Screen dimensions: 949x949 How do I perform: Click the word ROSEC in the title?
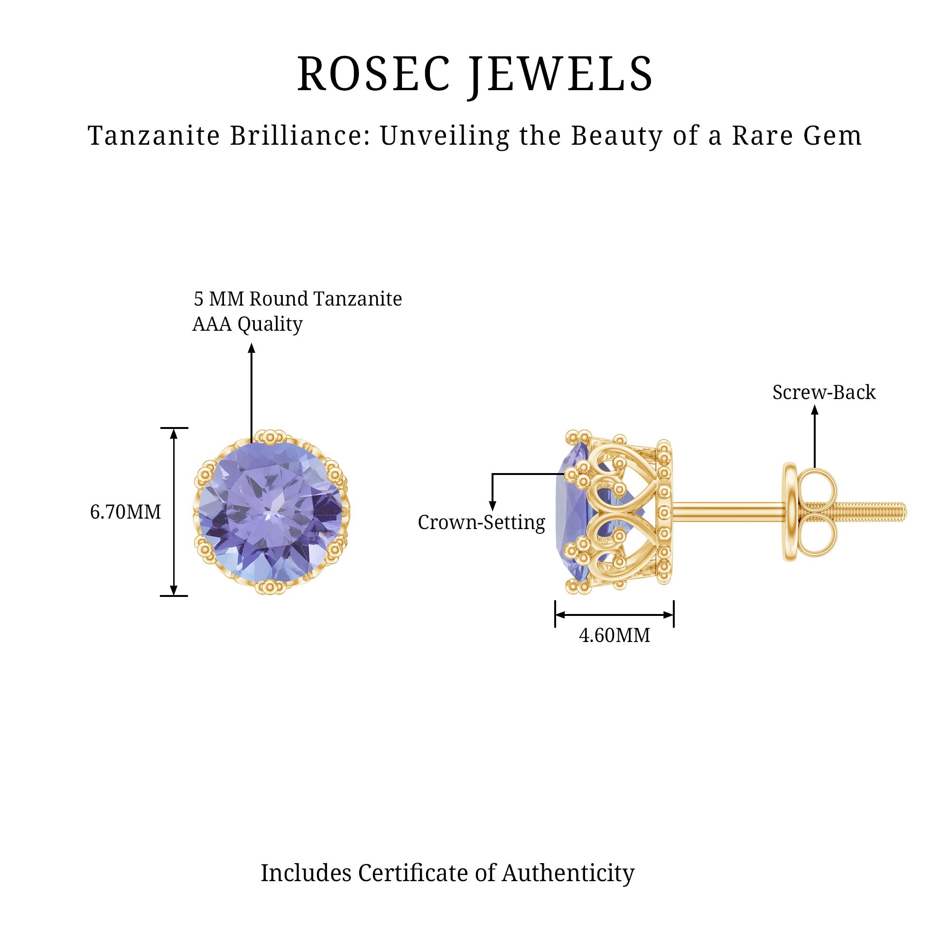click(373, 74)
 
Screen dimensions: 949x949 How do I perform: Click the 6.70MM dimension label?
click(125, 512)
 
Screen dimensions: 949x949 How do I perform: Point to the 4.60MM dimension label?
click(614, 636)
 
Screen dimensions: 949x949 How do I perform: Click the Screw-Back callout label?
click(824, 392)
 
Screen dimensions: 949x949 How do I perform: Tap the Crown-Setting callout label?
click(481, 522)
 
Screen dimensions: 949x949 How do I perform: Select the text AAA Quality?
click(247, 324)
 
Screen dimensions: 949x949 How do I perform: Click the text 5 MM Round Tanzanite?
click(298, 298)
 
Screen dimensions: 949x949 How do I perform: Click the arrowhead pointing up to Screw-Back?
click(814, 409)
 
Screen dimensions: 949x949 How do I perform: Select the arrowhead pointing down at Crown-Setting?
click(492, 506)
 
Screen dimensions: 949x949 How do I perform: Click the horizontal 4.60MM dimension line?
click(614, 614)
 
